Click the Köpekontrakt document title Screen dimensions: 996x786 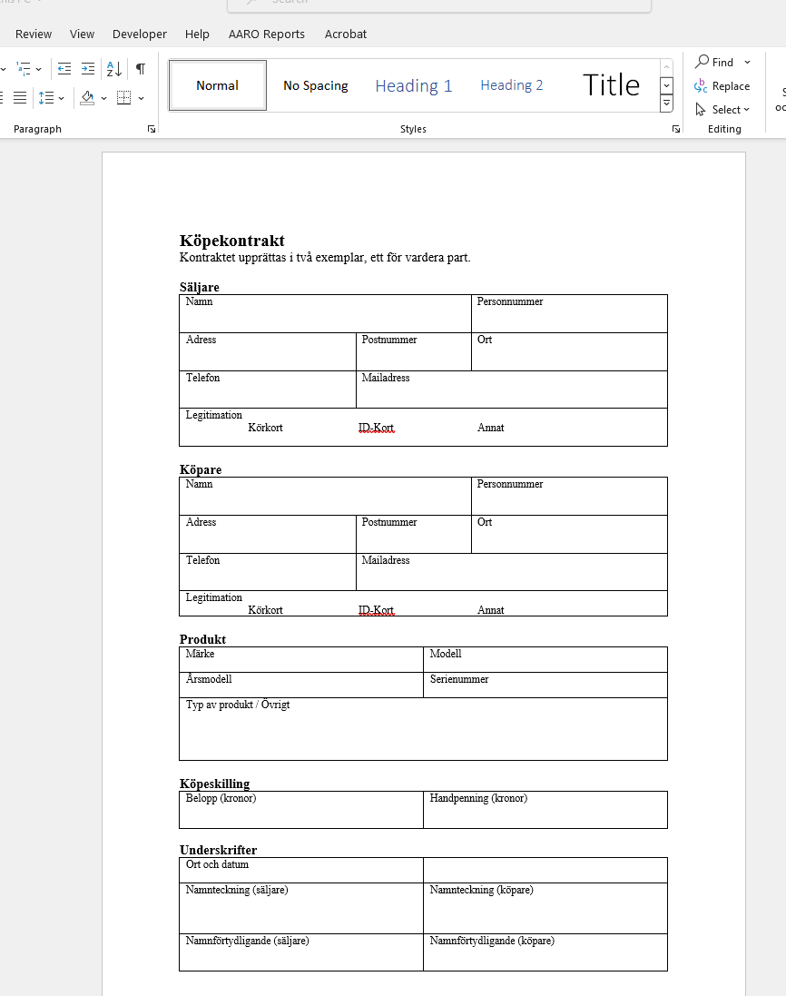(x=232, y=241)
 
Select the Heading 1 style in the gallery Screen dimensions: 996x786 (x=413, y=85)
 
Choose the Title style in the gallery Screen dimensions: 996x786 (x=611, y=85)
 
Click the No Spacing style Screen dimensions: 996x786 (x=315, y=85)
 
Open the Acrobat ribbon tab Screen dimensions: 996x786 (x=346, y=34)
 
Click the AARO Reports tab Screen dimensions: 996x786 (x=267, y=34)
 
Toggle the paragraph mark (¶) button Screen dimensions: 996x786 (x=141, y=68)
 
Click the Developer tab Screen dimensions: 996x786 (x=140, y=34)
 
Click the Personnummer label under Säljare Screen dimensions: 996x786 (x=510, y=301)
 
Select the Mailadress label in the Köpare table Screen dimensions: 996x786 (x=386, y=560)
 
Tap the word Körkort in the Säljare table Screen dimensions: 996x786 (x=265, y=428)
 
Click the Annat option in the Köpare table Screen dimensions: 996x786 (x=491, y=610)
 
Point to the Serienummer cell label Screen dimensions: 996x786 (x=459, y=679)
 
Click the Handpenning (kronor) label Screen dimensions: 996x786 (x=478, y=798)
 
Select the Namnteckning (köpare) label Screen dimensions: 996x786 (x=481, y=890)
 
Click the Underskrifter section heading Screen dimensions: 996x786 (x=218, y=850)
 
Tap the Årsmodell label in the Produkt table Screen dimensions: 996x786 (x=209, y=679)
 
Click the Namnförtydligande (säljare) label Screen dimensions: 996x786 (x=247, y=941)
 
